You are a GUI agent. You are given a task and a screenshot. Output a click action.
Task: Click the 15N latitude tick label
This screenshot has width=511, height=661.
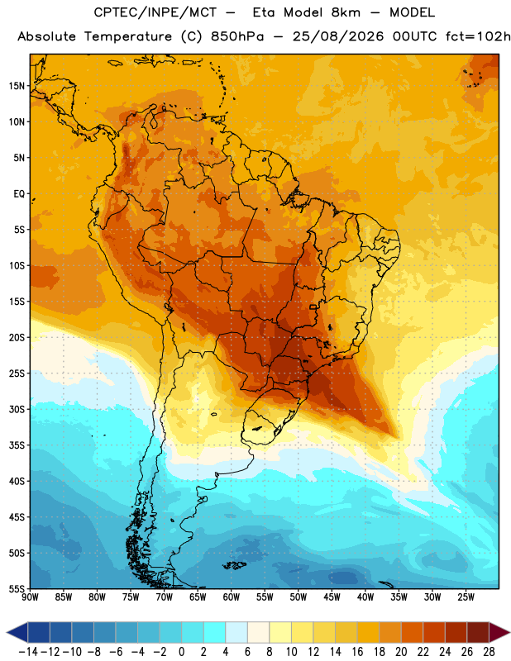[17, 86]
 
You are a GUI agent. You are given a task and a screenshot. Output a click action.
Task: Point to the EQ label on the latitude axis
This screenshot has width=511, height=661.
[19, 194]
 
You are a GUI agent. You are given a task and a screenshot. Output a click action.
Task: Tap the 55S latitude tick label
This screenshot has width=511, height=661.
[17, 589]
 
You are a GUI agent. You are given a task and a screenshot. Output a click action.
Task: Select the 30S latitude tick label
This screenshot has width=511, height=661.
[17, 409]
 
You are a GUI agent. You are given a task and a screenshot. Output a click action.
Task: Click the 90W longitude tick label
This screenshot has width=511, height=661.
[31, 597]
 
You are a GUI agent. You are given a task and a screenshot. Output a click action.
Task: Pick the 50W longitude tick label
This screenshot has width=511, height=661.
[298, 597]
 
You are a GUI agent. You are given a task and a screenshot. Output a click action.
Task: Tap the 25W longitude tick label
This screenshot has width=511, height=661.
[466, 597]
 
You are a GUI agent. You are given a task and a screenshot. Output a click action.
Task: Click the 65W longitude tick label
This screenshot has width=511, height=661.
[198, 597]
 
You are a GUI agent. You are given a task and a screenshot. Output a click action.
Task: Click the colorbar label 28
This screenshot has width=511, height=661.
[489, 652]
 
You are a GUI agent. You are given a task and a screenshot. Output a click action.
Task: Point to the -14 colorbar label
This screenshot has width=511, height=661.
[29, 652]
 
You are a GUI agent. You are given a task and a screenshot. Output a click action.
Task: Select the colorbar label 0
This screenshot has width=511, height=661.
[181, 652]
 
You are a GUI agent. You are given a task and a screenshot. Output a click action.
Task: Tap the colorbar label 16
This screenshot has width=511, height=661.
[357, 652]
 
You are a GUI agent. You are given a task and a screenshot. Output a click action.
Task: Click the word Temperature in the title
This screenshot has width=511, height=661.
[128, 36]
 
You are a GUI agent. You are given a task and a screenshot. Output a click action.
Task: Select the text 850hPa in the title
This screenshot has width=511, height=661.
[237, 36]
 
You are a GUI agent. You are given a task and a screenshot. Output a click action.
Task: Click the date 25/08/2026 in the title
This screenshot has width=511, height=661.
[338, 36]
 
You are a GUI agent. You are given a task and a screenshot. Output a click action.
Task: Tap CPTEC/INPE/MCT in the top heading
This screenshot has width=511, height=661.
[155, 12]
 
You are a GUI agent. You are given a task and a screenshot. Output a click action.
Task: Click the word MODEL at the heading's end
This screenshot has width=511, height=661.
[413, 12]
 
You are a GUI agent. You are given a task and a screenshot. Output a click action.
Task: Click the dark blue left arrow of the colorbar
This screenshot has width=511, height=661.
[17, 632]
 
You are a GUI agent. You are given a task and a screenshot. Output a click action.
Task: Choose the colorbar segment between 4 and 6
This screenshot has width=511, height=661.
[236, 632]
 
